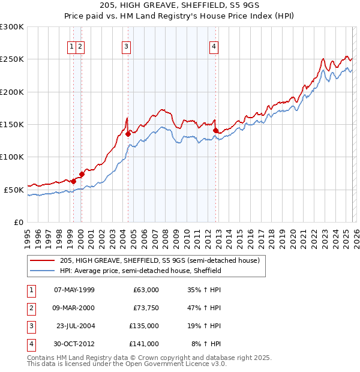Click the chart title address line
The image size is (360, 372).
[180, 5]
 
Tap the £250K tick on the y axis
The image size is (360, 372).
[12, 59]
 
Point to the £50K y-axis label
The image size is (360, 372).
[14, 190]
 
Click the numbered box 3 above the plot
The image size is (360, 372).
[127, 47]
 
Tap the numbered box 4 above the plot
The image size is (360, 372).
[214, 47]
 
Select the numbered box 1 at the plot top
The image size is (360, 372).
[72, 47]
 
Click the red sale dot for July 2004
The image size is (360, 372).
[128, 134]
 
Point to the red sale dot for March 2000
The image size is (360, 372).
[82, 174]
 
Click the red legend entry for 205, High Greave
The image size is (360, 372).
[159, 260]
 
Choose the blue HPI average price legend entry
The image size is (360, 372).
[141, 271]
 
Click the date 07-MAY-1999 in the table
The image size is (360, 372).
[74, 290]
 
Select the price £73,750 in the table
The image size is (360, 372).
[146, 308]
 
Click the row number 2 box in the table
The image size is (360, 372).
[31, 308]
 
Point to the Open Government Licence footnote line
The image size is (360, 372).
[127, 364]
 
